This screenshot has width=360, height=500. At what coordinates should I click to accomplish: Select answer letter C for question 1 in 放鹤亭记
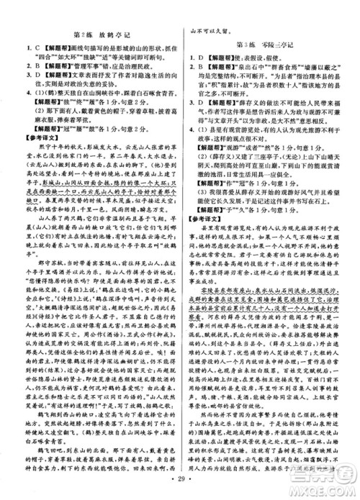point(25,48)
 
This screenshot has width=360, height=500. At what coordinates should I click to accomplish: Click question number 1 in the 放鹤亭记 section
point(17,48)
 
